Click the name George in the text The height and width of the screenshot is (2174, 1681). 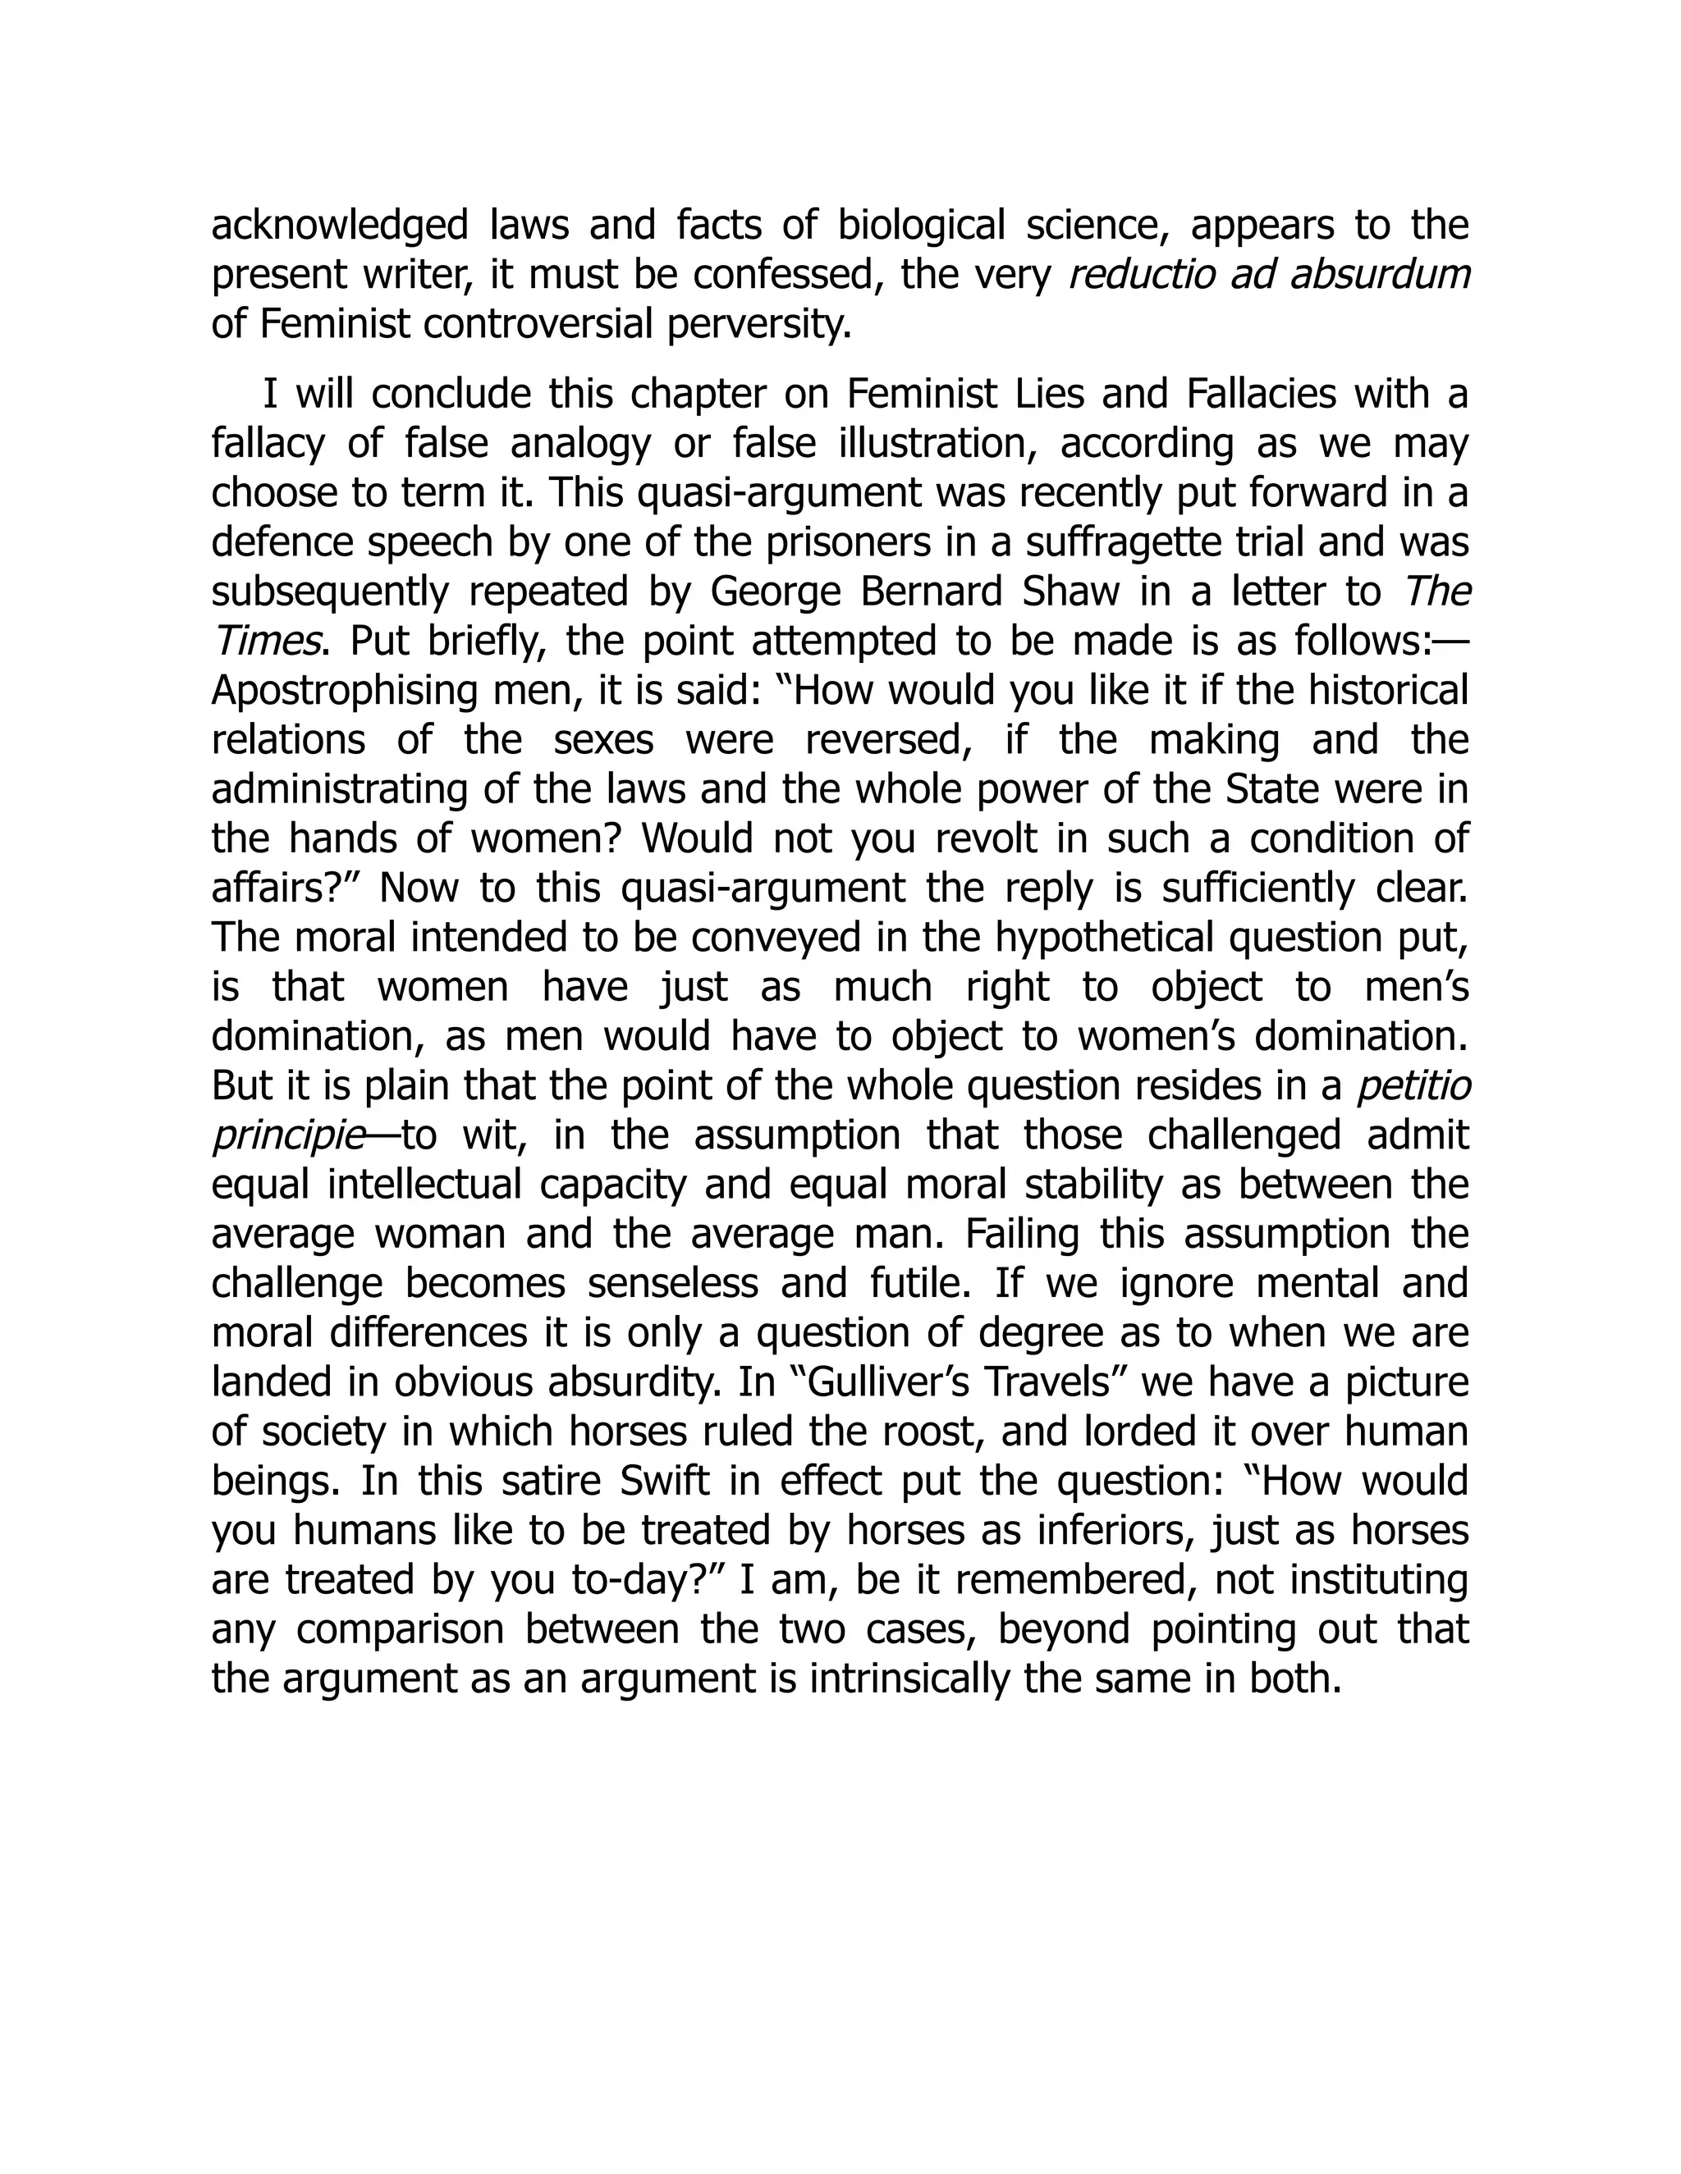(772, 592)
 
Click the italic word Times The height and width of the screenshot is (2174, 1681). (267, 641)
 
